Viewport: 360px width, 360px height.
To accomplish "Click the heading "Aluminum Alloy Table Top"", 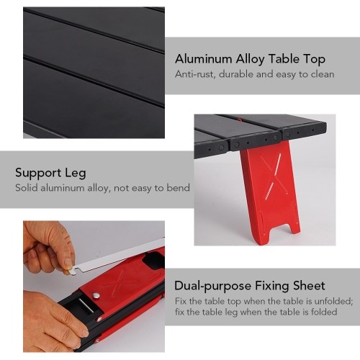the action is (x=250, y=59).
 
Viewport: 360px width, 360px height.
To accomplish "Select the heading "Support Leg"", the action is (x=50, y=173).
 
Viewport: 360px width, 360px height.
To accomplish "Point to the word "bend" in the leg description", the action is (x=179, y=187).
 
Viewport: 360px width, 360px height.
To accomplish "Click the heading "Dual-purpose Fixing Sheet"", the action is (x=250, y=286).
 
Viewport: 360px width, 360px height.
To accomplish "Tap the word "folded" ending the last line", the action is (x=324, y=312).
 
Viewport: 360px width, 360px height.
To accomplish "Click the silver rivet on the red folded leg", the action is (x=96, y=295).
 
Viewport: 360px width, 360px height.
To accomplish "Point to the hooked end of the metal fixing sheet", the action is (x=73, y=271).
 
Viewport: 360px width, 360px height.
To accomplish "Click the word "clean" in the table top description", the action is (x=323, y=74).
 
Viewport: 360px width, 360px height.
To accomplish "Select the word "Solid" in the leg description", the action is (x=27, y=187).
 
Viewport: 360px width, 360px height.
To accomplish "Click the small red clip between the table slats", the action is (x=239, y=118).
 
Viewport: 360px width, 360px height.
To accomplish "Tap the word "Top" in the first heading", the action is (x=315, y=60).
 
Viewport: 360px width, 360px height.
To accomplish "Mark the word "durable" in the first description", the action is (x=236, y=74).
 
